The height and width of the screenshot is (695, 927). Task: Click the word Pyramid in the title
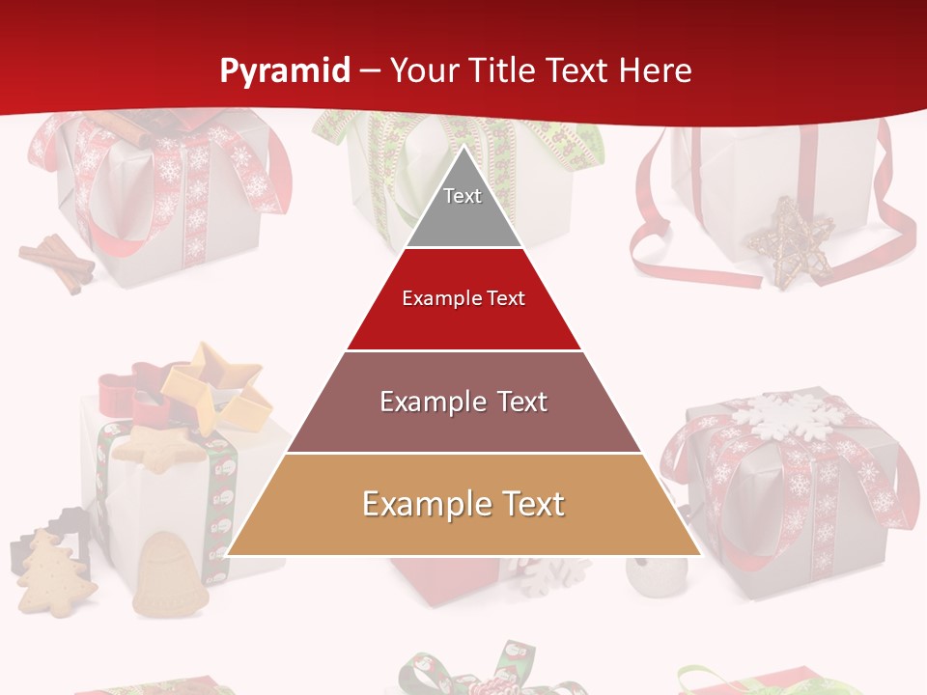[x=284, y=71]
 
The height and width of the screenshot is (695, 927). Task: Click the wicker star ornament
[x=789, y=241]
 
